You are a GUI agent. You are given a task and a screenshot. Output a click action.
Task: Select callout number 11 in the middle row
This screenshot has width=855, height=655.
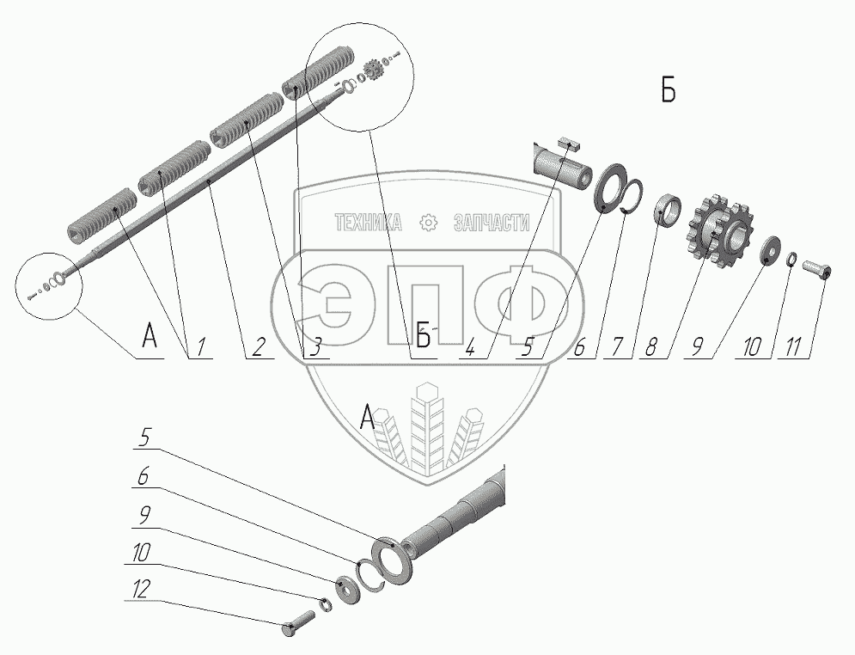[x=797, y=347]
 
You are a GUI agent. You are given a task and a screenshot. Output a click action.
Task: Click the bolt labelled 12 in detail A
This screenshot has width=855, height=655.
[x=298, y=623]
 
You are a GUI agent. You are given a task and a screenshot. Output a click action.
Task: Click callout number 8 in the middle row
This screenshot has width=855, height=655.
[x=650, y=347]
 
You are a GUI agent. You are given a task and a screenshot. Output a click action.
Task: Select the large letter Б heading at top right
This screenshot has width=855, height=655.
[x=669, y=91]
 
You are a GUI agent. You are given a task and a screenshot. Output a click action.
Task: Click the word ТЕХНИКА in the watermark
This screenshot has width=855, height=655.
[x=368, y=223]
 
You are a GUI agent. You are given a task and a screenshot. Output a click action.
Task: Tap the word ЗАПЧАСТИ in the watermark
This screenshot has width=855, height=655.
[x=492, y=223]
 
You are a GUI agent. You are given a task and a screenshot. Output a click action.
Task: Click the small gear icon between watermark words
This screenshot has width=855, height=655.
[x=429, y=223]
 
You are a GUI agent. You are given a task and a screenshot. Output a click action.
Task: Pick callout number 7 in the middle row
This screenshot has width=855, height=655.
[x=618, y=347]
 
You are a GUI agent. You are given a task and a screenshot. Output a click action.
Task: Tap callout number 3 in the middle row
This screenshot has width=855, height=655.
[x=315, y=347]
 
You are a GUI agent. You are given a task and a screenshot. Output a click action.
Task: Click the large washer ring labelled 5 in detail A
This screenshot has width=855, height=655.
[x=394, y=560]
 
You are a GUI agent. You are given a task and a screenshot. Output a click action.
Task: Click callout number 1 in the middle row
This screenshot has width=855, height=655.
[x=201, y=347]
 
